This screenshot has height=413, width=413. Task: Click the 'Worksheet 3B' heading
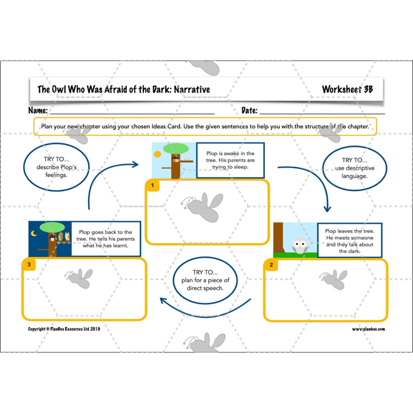(x=348, y=89)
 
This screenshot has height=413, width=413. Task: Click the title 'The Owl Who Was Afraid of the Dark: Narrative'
(x=123, y=90)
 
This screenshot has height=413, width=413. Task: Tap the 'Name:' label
(x=38, y=110)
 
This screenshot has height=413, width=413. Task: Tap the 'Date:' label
(x=249, y=110)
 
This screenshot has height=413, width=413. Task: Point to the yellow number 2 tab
(x=271, y=265)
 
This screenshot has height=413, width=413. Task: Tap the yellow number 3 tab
(x=28, y=264)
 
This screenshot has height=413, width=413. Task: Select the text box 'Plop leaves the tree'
(x=350, y=239)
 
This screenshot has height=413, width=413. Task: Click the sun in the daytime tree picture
(x=157, y=155)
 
